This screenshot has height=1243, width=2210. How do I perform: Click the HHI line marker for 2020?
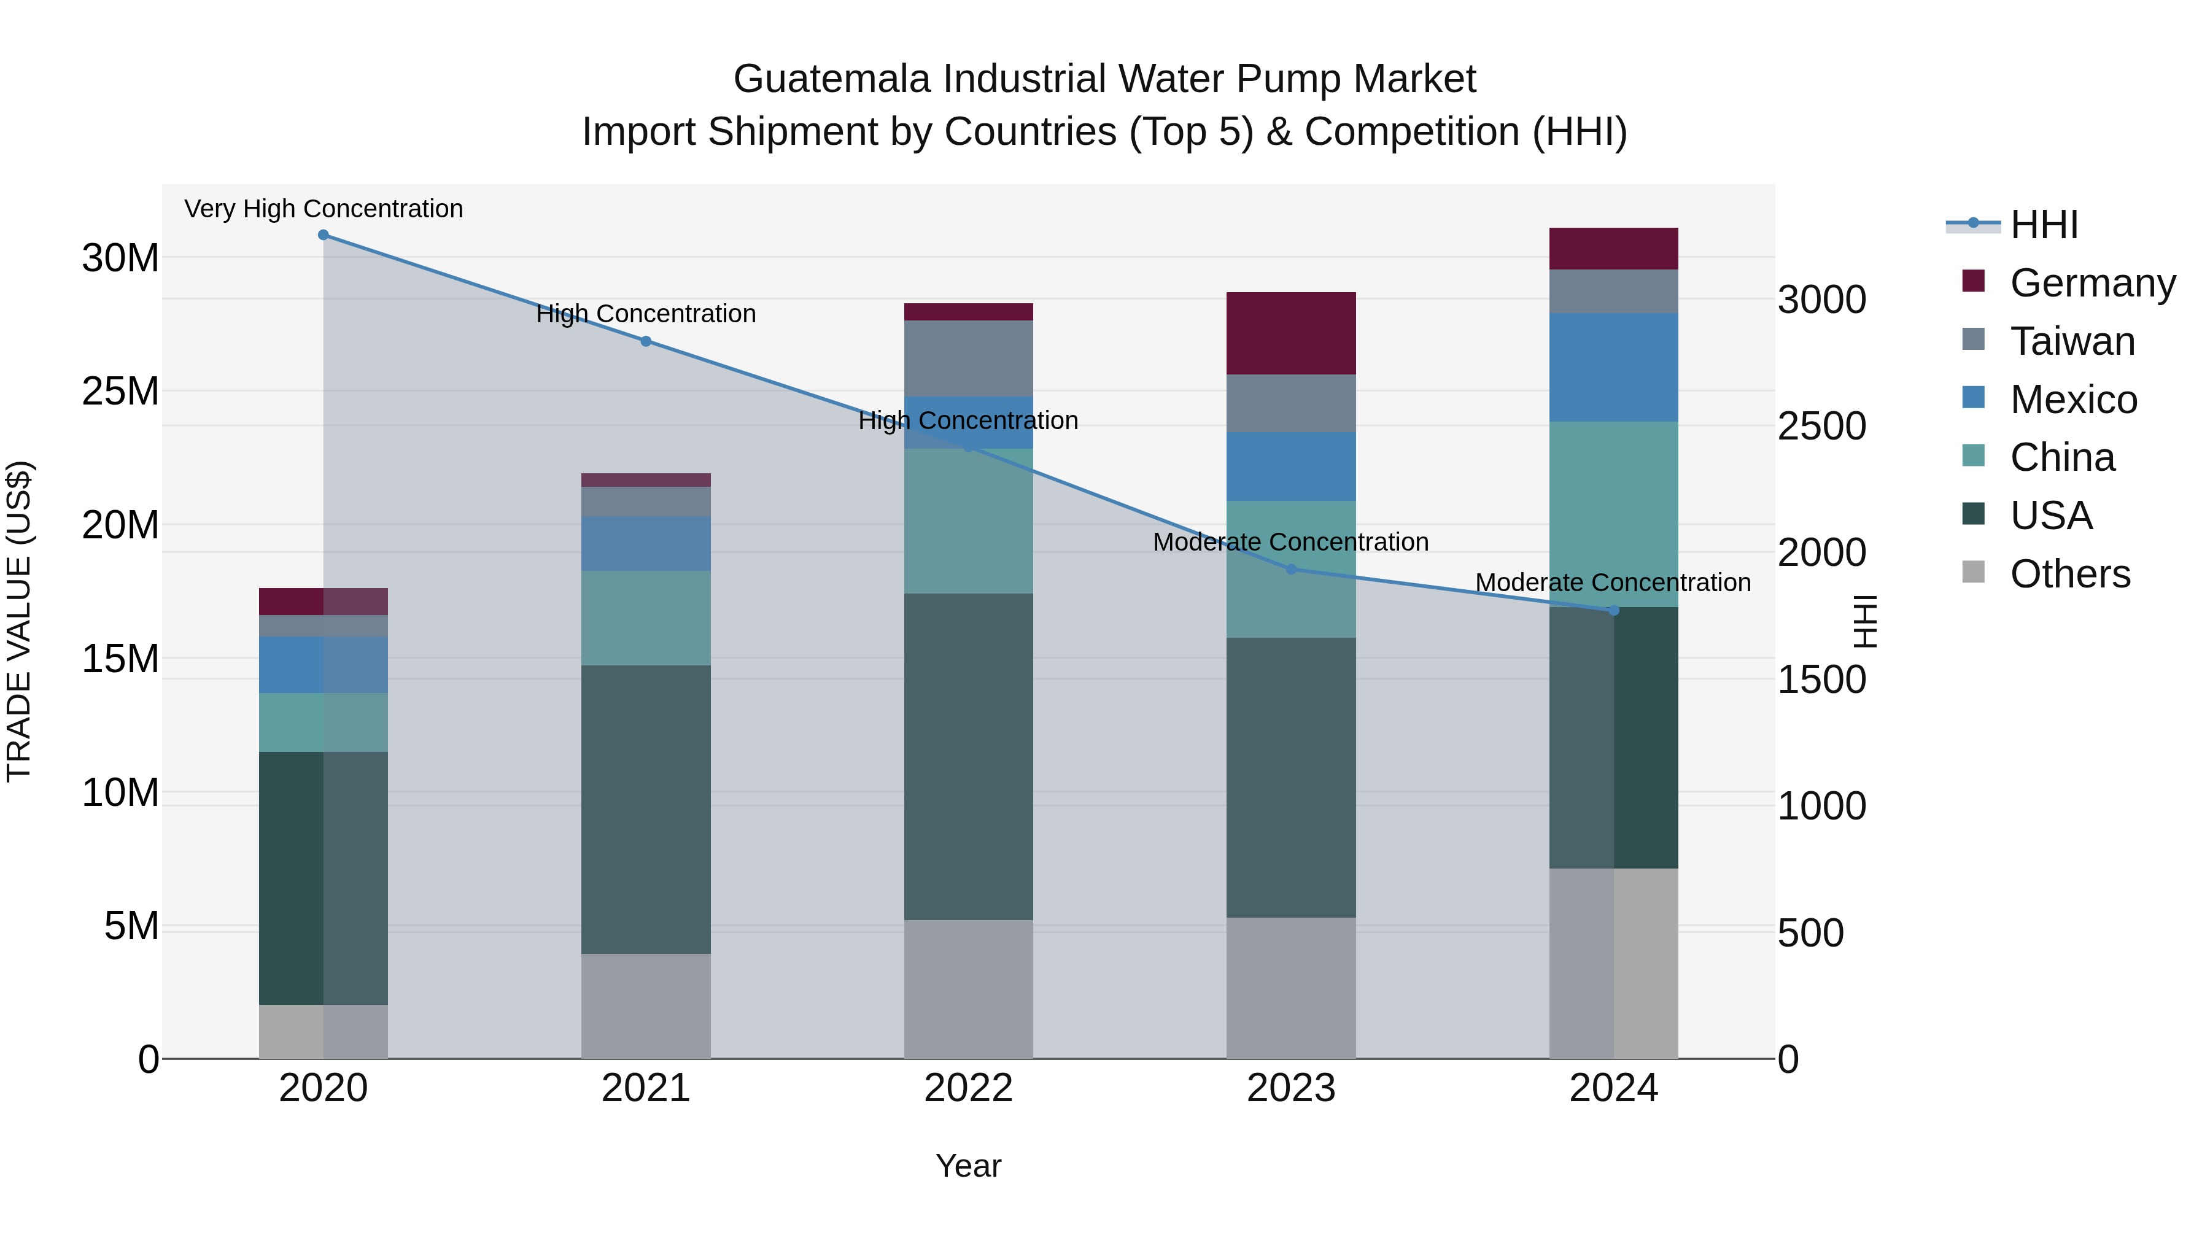click(324, 235)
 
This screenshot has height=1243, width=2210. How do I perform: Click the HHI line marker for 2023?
click(1291, 570)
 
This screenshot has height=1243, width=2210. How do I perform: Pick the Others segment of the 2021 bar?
click(646, 1005)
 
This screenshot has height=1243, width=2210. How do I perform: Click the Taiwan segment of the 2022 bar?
click(969, 358)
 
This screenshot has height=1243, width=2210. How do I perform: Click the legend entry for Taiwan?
click(2072, 341)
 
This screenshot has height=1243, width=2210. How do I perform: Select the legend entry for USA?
click(2050, 516)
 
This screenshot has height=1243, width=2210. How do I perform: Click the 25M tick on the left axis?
click(120, 391)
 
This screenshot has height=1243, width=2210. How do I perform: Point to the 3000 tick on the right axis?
click(1821, 300)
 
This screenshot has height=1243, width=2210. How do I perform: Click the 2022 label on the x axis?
click(969, 1088)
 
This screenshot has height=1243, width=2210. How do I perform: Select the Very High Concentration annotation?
click(324, 209)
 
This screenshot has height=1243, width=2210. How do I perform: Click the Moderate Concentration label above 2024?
click(1613, 583)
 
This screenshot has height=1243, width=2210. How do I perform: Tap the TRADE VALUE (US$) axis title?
click(19, 621)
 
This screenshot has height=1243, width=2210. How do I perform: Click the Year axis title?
click(969, 1166)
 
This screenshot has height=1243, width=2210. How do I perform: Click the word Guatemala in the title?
click(831, 79)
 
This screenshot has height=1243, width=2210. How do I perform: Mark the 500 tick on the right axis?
click(1810, 933)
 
